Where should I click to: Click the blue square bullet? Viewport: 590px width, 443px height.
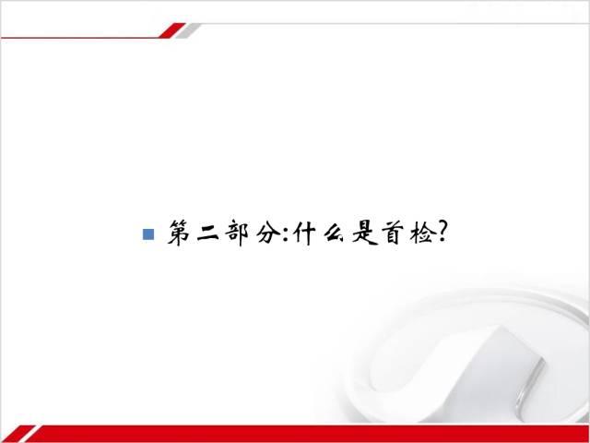148,234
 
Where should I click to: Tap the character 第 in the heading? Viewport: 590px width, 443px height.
178,233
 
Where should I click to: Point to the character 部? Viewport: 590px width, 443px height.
237,233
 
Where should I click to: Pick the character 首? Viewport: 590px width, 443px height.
394,233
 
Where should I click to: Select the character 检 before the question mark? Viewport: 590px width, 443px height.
421,233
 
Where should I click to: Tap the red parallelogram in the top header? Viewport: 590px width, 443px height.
172,30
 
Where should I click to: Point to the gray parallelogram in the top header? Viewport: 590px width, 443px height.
188,30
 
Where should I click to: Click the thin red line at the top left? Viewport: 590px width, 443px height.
80,38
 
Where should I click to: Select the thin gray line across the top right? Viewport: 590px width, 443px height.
395,24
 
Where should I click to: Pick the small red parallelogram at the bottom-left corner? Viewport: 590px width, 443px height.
18,433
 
